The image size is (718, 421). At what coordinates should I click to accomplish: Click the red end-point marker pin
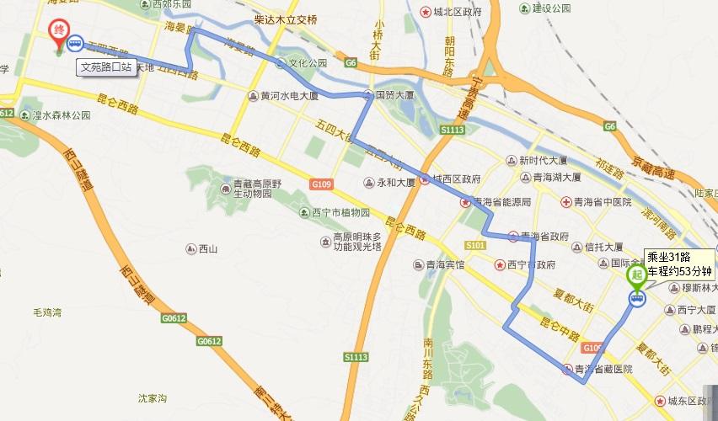(58, 33)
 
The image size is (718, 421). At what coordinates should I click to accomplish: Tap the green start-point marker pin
(637, 274)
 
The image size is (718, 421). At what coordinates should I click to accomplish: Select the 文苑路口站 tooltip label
(105, 66)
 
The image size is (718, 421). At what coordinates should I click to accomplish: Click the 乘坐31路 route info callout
(679, 264)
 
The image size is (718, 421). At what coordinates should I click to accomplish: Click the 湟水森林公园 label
(61, 115)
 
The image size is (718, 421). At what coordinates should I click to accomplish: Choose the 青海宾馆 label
(444, 264)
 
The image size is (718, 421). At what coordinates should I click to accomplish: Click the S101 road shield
(474, 245)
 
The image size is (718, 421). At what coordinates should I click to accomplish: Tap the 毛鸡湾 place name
(48, 312)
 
